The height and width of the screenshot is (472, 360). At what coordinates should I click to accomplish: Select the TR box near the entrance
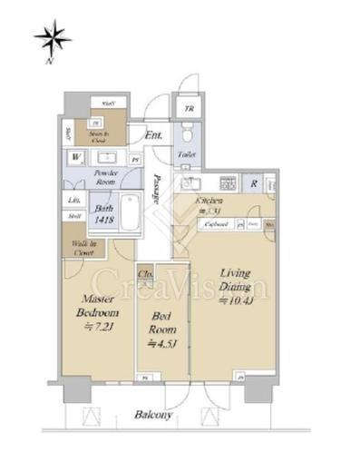(189, 109)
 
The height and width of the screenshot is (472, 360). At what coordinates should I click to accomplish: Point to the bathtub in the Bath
(131, 215)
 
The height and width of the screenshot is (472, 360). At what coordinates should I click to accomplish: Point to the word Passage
(159, 191)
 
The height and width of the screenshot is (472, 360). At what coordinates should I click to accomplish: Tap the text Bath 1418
(102, 214)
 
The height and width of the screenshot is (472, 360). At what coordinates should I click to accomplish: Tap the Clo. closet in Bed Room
(144, 273)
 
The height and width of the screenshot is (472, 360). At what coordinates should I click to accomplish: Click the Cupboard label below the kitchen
(215, 222)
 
